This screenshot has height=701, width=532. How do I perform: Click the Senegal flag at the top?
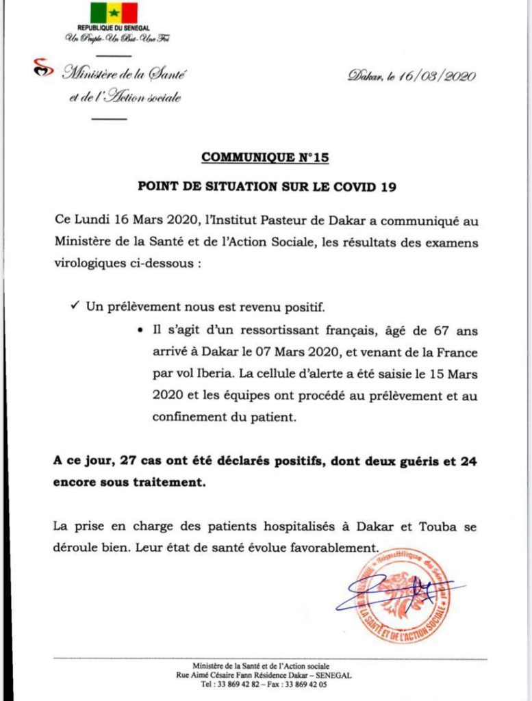[114, 13]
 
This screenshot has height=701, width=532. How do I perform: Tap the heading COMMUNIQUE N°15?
[266, 158]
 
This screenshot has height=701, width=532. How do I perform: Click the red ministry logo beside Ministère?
[42, 69]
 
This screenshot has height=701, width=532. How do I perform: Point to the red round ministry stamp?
[404, 594]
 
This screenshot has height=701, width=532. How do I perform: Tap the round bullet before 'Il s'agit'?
[140, 331]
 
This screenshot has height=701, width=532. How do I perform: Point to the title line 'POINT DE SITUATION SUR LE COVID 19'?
[266, 186]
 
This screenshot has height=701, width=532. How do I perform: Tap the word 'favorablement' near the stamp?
[335, 548]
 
